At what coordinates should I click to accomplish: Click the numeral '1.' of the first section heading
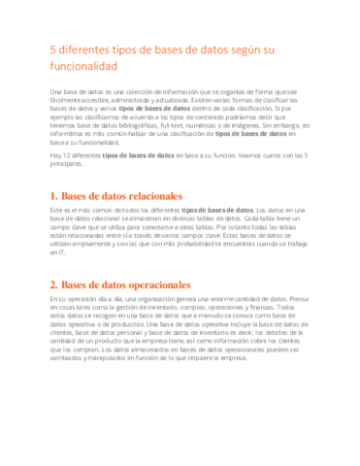click(x=53, y=195)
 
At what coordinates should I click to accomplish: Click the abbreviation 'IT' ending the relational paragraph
click(x=62, y=253)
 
